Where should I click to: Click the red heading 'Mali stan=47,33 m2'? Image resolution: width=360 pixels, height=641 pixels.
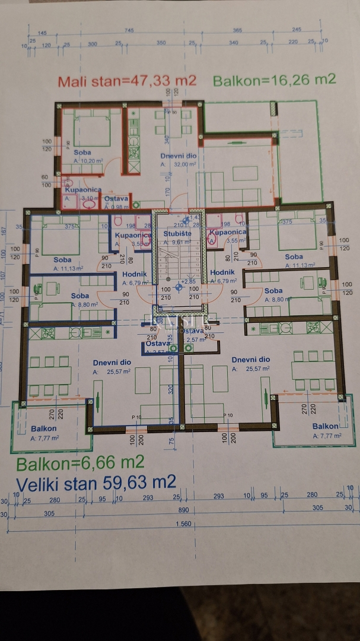point(127,81)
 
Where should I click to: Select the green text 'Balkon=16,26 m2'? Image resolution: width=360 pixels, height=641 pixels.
point(274,80)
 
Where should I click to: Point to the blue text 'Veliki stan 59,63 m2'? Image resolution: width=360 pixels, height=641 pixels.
point(95,481)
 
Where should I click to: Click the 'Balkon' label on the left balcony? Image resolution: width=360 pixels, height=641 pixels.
point(44,429)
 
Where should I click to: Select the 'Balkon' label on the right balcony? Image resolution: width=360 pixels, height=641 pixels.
point(326,426)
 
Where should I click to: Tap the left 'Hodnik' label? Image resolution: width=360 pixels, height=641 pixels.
point(132,274)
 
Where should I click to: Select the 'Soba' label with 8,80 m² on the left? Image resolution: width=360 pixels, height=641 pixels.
point(80,296)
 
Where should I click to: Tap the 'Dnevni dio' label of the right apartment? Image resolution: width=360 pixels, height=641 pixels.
point(251,360)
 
